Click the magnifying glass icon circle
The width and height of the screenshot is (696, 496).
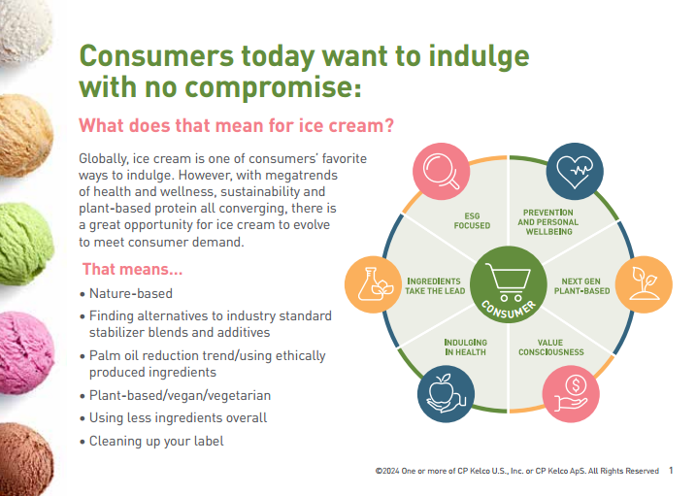tap(442, 171)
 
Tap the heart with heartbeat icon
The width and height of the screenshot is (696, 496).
tap(575, 171)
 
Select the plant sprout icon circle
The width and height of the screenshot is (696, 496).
tap(644, 284)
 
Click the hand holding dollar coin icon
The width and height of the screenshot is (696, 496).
tap(571, 394)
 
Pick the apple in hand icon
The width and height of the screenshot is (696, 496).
tap(447, 394)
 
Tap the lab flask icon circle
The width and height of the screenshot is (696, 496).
tap(374, 284)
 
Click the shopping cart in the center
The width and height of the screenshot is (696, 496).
tap(509, 281)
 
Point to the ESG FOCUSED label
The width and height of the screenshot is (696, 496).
tap(472, 220)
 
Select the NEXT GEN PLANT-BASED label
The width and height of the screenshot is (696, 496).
tap(581, 286)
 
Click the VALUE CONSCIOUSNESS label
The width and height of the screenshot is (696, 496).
tap(550, 347)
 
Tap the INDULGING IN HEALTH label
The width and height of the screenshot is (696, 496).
tap(465, 347)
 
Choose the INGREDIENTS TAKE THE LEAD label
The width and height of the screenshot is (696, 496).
tap(435, 286)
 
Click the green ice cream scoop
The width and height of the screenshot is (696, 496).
tap(26, 244)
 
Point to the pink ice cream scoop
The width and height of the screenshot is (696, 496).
tap(26, 352)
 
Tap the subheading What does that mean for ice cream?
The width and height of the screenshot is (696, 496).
tap(236, 125)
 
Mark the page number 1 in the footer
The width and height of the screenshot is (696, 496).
tap(671, 470)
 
